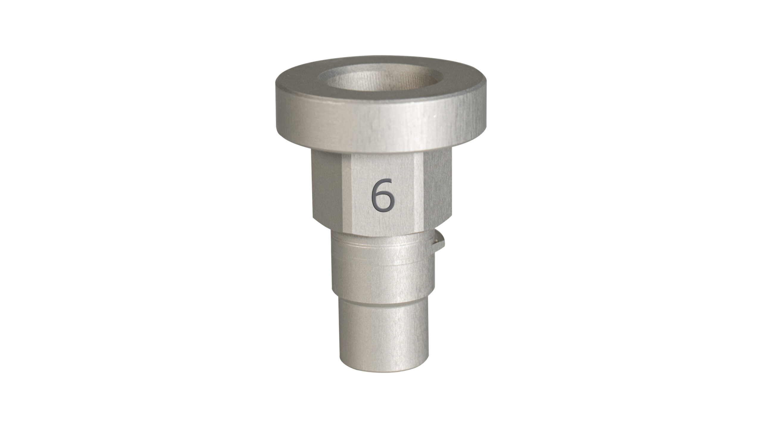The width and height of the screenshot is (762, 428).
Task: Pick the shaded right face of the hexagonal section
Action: pyautogui.click(x=438, y=190)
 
